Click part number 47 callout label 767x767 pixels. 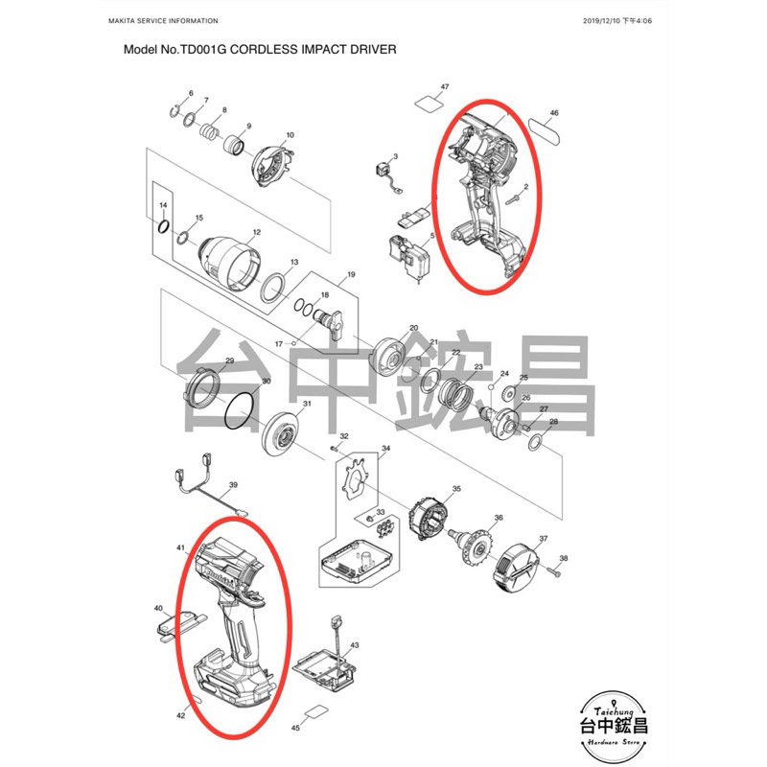pyautogui.click(x=445, y=87)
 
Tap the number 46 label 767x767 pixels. pyautogui.click(x=554, y=113)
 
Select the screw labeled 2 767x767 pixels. pyautogui.click(x=513, y=199)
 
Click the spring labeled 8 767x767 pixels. pyautogui.click(x=209, y=131)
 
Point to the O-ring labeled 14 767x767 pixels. pyautogui.click(x=163, y=226)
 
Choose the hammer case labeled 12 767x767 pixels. pyautogui.click(x=229, y=264)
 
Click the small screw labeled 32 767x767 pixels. pyautogui.click(x=335, y=447)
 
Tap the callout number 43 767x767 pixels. pyautogui.click(x=355, y=645)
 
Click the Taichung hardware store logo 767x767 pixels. pyautogui.click(x=614, y=726)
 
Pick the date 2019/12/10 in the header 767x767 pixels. pyautogui.click(x=602, y=21)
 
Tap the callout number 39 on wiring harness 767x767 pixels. pyautogui.click(x=233, y=485)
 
